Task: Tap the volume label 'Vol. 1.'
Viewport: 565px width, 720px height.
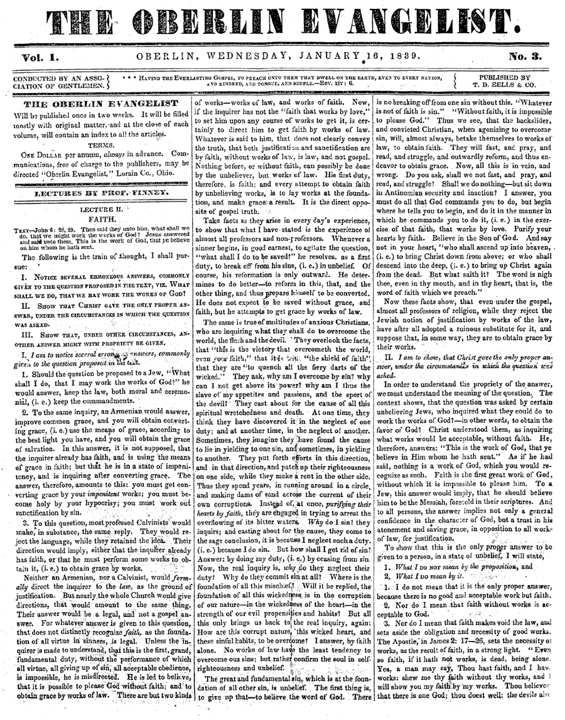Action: pos(39,57)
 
